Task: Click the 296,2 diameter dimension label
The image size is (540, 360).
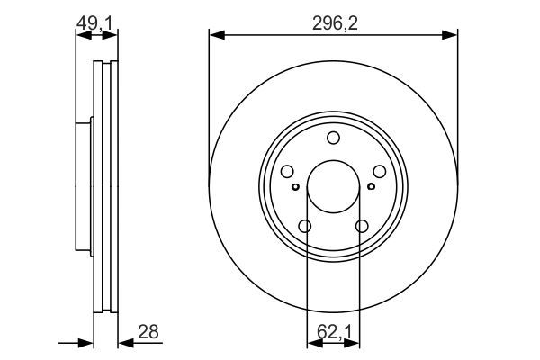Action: pos(335,23)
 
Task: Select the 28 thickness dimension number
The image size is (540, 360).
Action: pos(148,332)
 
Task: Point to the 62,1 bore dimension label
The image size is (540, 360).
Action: pos(334,332)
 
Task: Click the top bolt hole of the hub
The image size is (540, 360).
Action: pos(333,138)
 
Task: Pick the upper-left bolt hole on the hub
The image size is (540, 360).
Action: pos(287,172)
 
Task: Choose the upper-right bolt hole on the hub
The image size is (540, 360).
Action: pos(380,172)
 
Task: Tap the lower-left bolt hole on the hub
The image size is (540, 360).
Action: pos(305,226)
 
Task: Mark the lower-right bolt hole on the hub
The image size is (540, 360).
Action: pos(362,226)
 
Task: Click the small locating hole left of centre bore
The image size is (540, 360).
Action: pos(295,186)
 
